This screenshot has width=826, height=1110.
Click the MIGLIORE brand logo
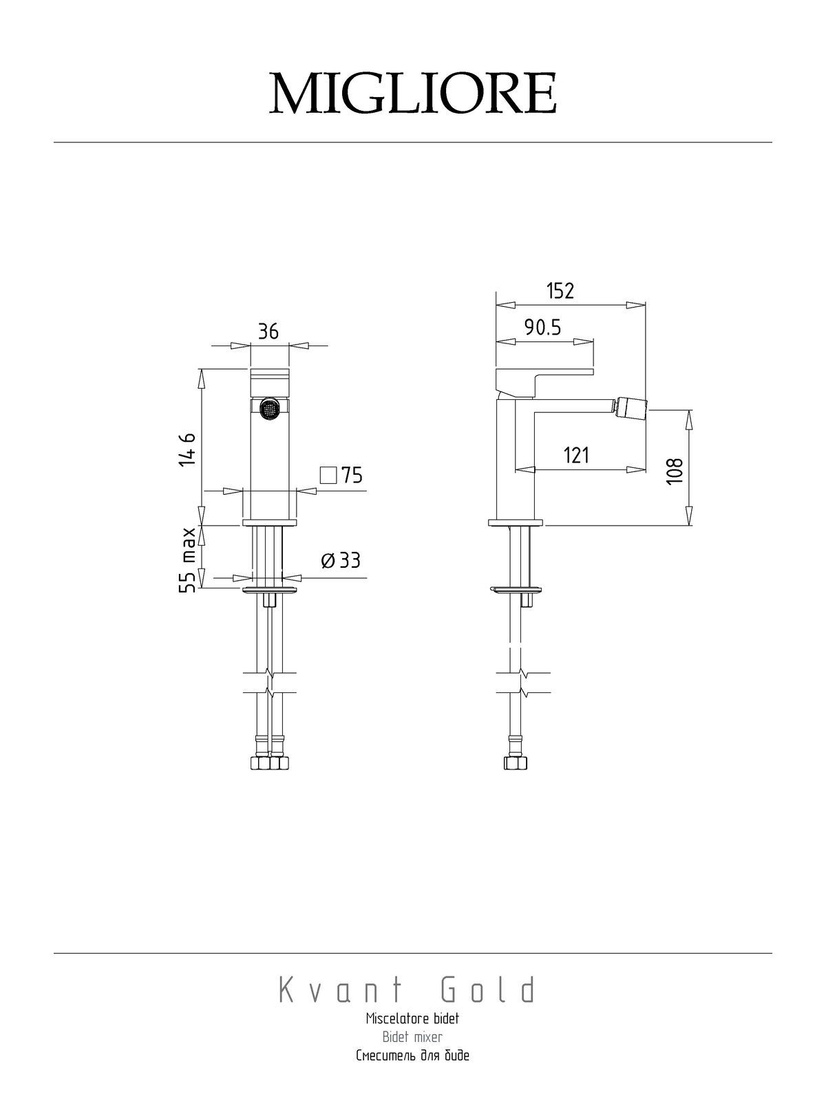(413, 94)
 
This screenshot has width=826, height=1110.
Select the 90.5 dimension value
(542, 328)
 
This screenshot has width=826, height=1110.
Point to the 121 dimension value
(576, 456)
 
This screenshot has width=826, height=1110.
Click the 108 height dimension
(675, 471)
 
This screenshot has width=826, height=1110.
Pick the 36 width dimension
(268, 331)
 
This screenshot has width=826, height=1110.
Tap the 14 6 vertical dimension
(187, 449)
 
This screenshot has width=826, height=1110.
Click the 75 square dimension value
(352, 476)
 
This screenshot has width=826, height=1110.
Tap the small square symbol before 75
(328, 476)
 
